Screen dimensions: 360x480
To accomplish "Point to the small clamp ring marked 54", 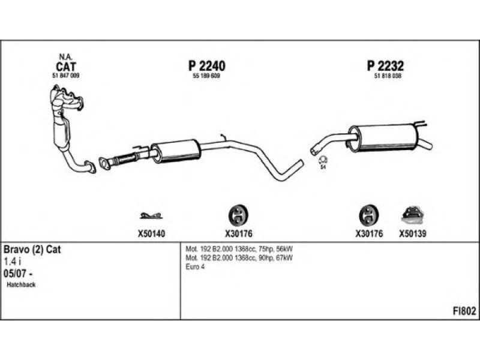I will [x=322, y=160].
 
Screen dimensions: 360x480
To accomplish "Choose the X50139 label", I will [x=412, y=234].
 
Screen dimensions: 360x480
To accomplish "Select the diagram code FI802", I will [x=464, y=311].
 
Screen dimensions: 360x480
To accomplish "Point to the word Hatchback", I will [x=22, y=284].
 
